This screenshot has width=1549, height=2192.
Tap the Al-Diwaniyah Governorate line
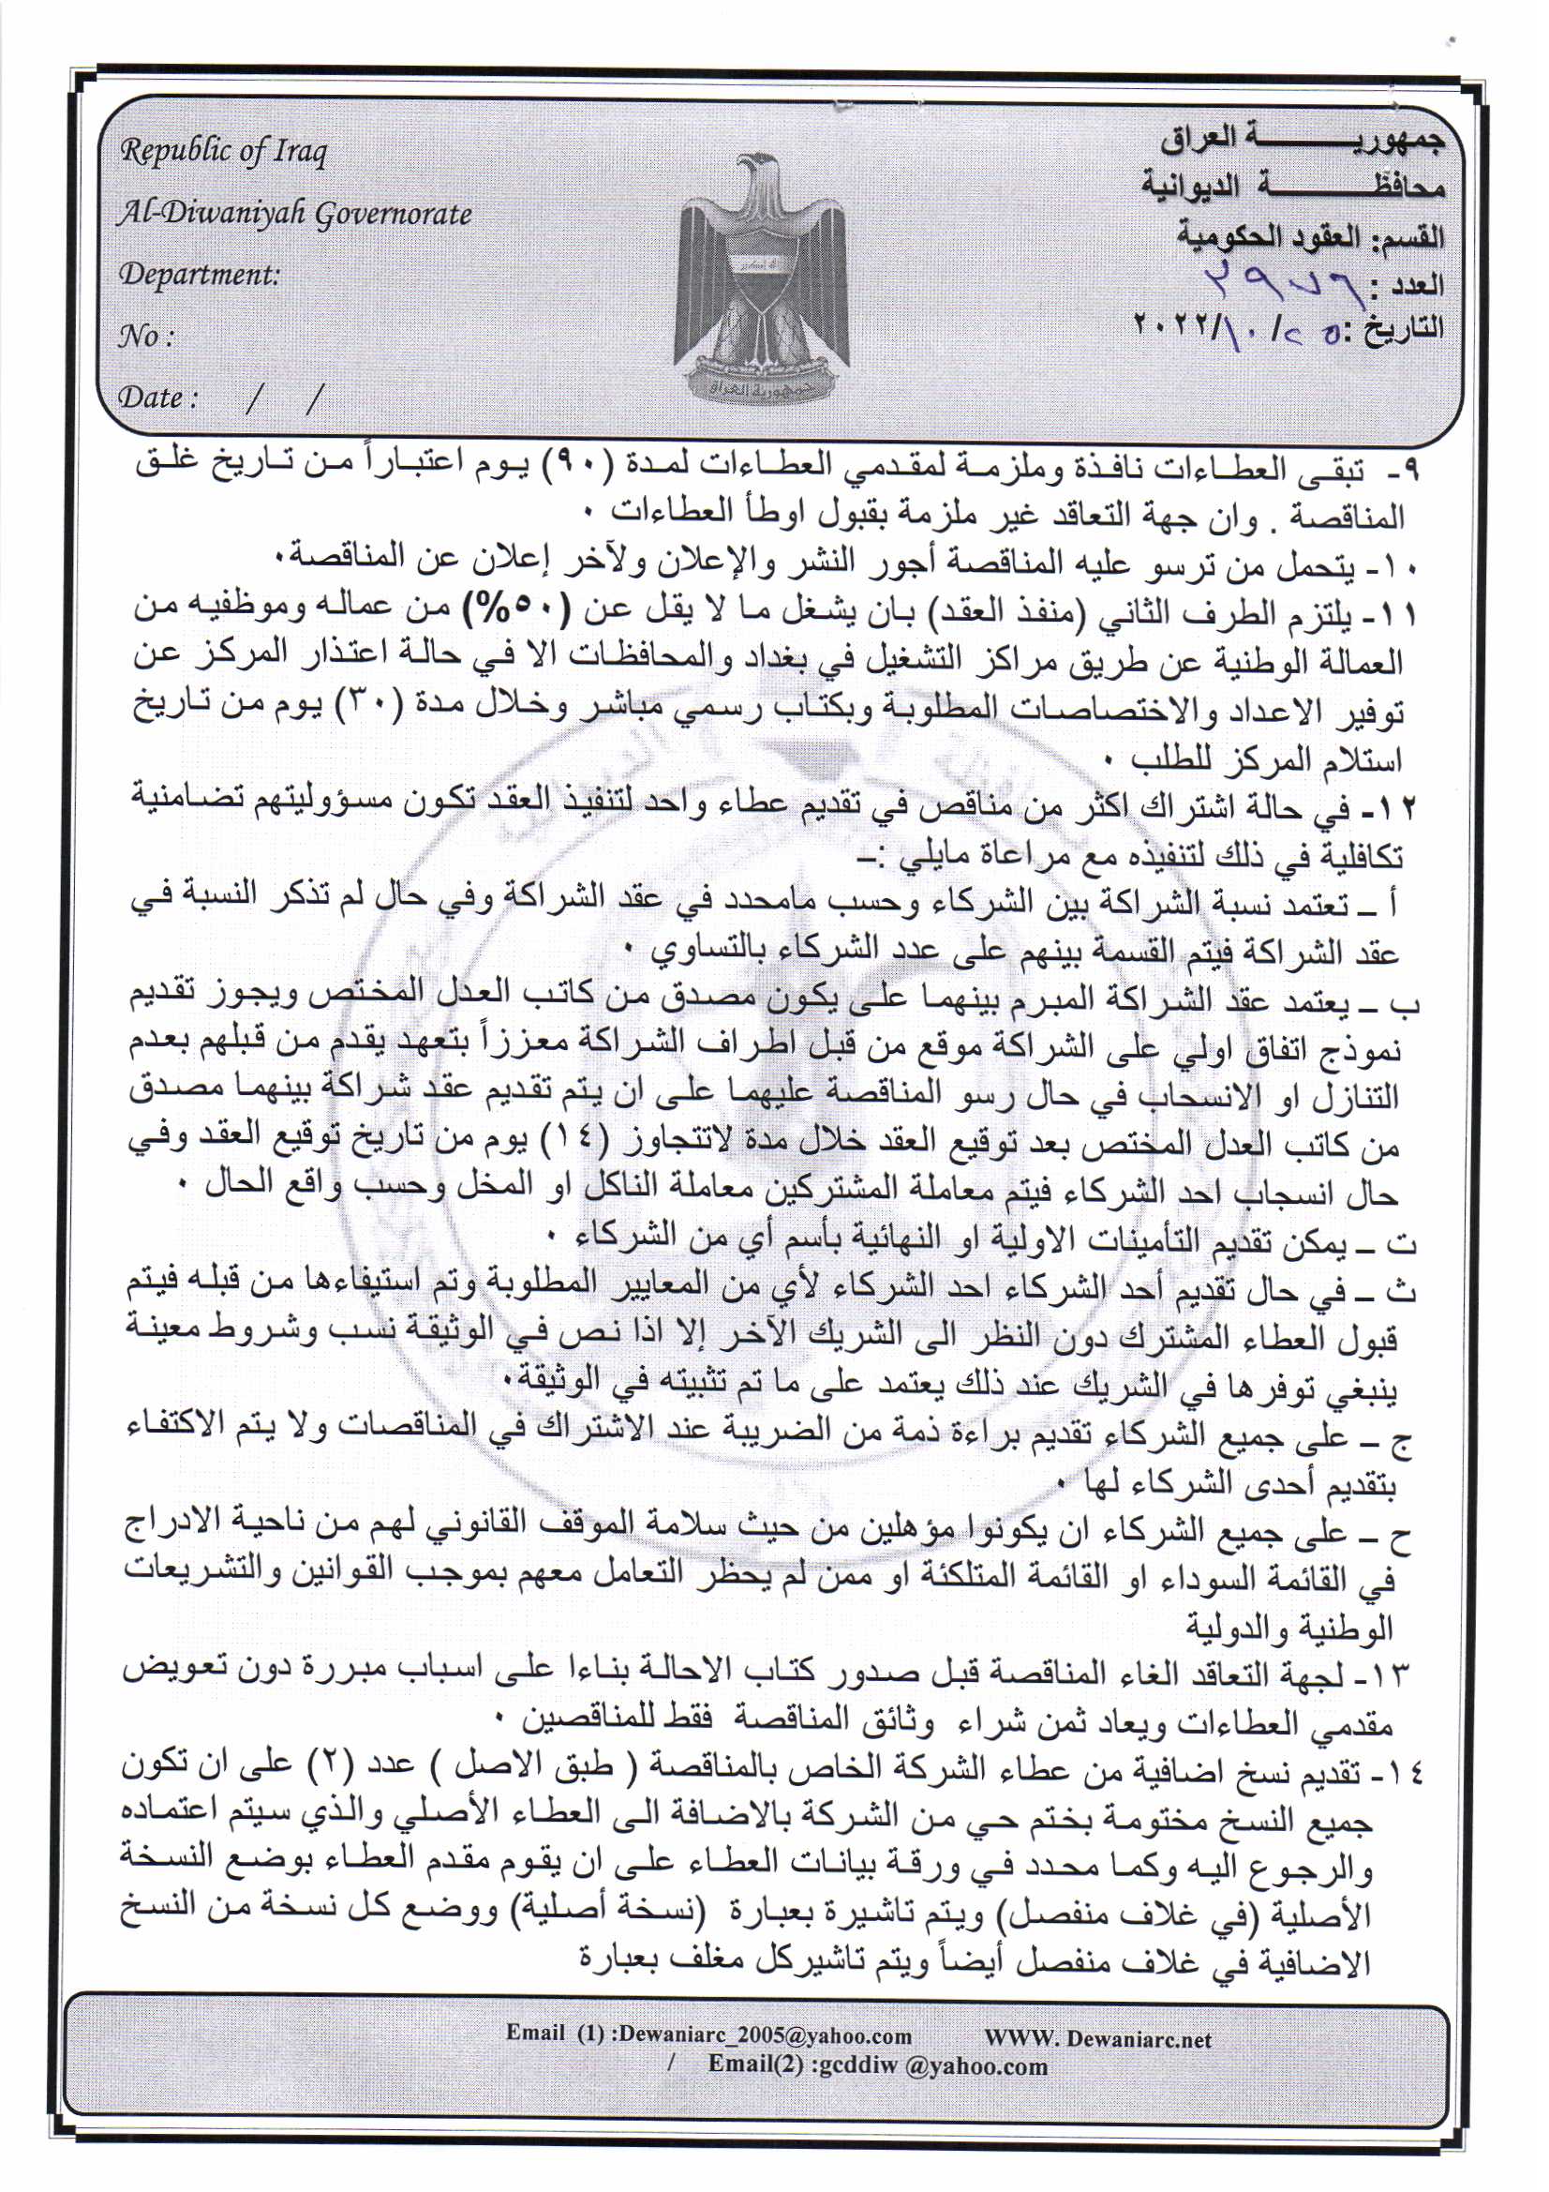(x=294, y=214)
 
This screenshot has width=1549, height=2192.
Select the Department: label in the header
(x=199, y=275)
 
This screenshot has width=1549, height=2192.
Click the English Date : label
(x=156, y=398)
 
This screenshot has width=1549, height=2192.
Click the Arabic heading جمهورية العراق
(x=1302, y=141)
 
